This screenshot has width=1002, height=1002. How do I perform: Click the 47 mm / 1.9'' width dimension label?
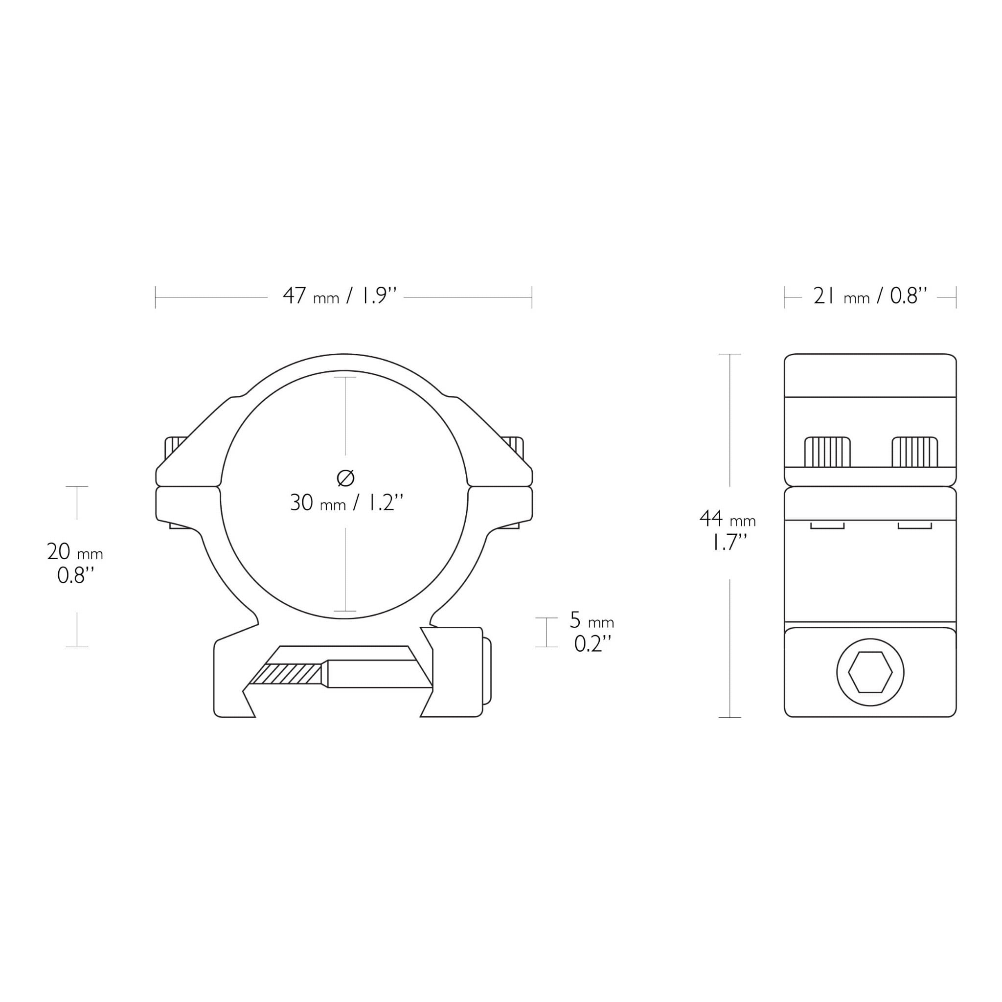(340, 296)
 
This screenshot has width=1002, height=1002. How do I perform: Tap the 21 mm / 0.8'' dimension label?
(870, 296)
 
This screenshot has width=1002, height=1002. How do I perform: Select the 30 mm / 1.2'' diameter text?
(346, 502)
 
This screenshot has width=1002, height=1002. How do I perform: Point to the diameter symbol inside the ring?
(345, 478)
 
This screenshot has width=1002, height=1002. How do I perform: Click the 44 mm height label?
(728, 518)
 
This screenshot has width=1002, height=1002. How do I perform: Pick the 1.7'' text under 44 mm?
(729, 543)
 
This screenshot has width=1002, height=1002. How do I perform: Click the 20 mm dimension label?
(75, 552)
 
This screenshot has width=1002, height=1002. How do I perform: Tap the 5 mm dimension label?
(592, 620)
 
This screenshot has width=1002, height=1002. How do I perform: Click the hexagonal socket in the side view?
(870, 673)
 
